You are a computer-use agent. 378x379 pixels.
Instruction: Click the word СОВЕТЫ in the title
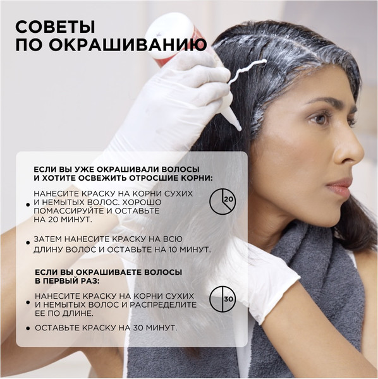pyautogui.click(x=55, y=27)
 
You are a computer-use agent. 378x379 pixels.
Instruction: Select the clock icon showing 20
pyautogui.click(x=223, y=200)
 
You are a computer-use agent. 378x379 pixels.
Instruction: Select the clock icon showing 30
pyautogui.click(x=223, y=298)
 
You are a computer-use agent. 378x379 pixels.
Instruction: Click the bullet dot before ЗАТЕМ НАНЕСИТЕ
pyautogui.click(x=28, y=242)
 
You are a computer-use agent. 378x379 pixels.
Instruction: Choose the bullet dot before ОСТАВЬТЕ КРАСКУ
pyautogui.click(x=28, y=328)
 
